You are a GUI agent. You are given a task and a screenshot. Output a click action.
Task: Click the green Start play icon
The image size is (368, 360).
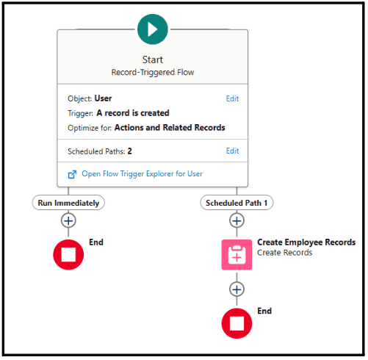click(153, 29)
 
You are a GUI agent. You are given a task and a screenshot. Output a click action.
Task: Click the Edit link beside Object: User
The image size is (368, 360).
click(232, 98)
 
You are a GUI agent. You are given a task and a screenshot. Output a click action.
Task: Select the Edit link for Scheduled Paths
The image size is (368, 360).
click(232, 151)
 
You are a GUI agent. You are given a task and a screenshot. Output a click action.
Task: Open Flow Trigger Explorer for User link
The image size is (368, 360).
click(142, 174)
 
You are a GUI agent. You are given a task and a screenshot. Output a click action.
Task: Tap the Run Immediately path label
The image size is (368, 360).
click(68, 203)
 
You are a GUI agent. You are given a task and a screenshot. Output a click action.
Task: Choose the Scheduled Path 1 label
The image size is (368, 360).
click(237, 203)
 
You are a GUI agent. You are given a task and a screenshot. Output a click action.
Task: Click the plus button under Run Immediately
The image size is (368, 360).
click(68, 221)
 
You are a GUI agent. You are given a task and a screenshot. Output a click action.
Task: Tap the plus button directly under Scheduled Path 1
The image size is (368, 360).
click(237, 221)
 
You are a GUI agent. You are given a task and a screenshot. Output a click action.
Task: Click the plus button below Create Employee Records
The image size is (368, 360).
click(237, 289)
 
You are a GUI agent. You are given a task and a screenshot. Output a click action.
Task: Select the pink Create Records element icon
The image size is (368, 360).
click(237, 255)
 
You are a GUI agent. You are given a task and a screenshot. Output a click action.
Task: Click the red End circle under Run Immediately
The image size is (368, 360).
click(68, 255)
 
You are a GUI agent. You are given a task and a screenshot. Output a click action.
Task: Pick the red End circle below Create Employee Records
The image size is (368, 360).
click(237, 323)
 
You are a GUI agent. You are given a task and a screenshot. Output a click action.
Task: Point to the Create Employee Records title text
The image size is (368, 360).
click(306, 242)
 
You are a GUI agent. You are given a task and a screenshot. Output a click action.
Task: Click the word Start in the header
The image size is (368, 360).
click(153, 60)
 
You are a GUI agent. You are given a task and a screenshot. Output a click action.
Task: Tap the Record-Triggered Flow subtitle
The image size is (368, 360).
click(153, 72)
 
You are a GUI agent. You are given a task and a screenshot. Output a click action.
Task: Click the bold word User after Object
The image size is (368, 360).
click(103, 98)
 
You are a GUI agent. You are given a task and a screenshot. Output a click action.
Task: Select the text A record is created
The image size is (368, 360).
click(133, 113)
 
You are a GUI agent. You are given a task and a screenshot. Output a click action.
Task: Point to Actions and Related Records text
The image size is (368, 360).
click(170, 128)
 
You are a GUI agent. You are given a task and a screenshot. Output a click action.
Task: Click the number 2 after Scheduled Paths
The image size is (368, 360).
click(129, 151)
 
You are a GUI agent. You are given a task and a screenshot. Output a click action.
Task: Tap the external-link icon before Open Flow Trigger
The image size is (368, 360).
click(72, 174)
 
